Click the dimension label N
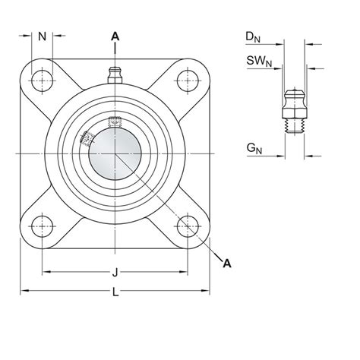(43, 36)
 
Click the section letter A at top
(115, 35)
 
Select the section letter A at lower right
(226, 262)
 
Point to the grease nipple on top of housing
(115, 75)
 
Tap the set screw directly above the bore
(115, 122)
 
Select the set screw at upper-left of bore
(87, 137)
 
